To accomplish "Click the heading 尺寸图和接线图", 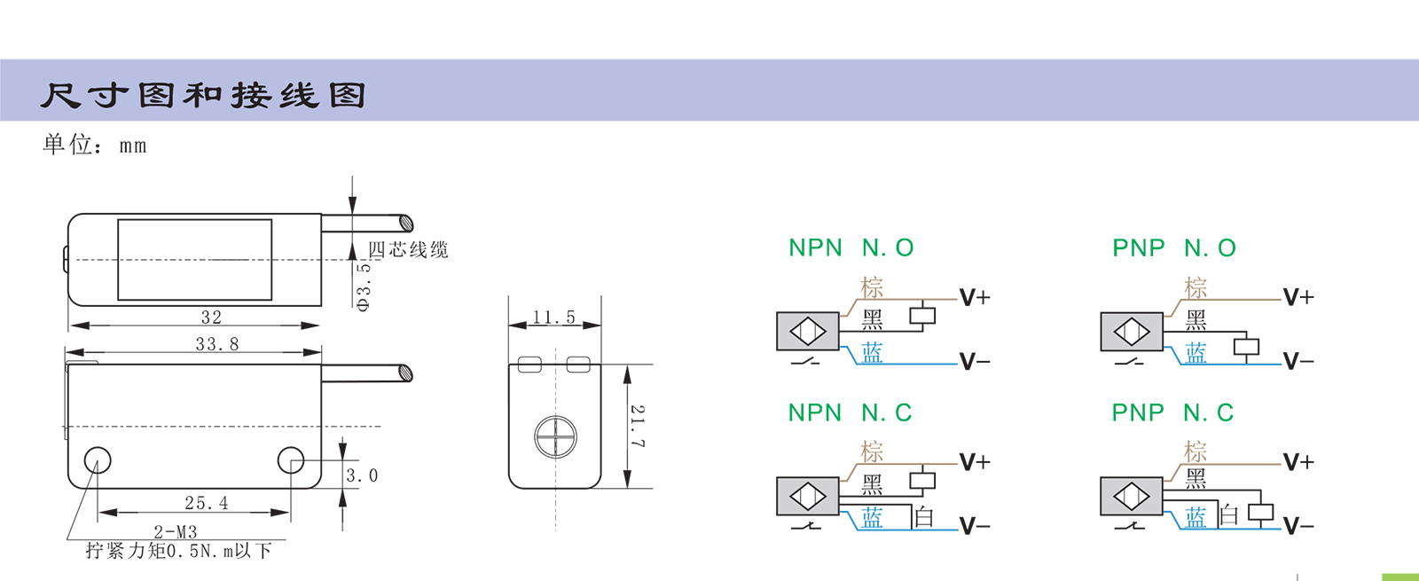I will (203, 95).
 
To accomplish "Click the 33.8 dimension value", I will (217, 343).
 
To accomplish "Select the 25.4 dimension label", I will (207, 503).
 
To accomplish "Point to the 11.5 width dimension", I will (554, 318).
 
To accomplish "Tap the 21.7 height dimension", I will (638, 426).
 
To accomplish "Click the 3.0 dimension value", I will (362, 475).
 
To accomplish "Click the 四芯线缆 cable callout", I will (408, 250).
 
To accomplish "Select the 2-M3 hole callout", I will (176, 532).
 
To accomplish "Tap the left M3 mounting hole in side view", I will (98, 459).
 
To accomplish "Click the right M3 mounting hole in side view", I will (291, 459).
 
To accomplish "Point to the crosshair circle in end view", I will (555, 437).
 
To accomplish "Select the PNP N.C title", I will (1172, 412).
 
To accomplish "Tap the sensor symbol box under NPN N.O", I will (807, 332).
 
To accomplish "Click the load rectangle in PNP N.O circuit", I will (1246, 347).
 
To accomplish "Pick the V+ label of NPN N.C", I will (975, 462).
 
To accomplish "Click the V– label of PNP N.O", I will (1298, 361).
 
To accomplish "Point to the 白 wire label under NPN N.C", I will (924, 517).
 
